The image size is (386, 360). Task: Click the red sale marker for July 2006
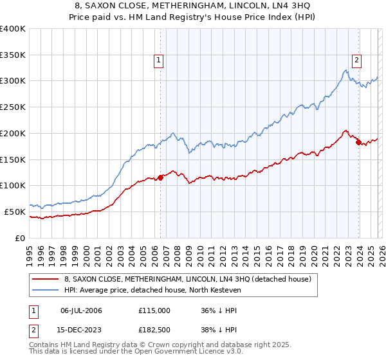pyautogui.click(x=160, y=177)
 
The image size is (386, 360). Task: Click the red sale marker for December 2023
pyautogui.click(x=358, y=142)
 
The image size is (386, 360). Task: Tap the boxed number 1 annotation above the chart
pyautogui.click(x=158, y=61)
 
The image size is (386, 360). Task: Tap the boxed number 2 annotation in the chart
pyautogui.click(x=356, y=61)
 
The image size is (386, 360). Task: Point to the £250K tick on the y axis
pyautogui.click(x=14, y=107)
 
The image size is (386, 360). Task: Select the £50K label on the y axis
pyautogui.click(x=15, y=212)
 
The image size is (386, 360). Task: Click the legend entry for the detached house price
pyautogui.click(x=188, y=279)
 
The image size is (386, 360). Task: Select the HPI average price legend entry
pyautogui.click(x=152, y=290)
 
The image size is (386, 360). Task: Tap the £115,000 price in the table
pyautogui.click(x=154, y=310)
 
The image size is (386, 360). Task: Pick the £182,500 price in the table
pyautogui.click(x=154, y=330)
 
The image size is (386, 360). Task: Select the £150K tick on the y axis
pyautogui.click(x=14, y=159)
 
